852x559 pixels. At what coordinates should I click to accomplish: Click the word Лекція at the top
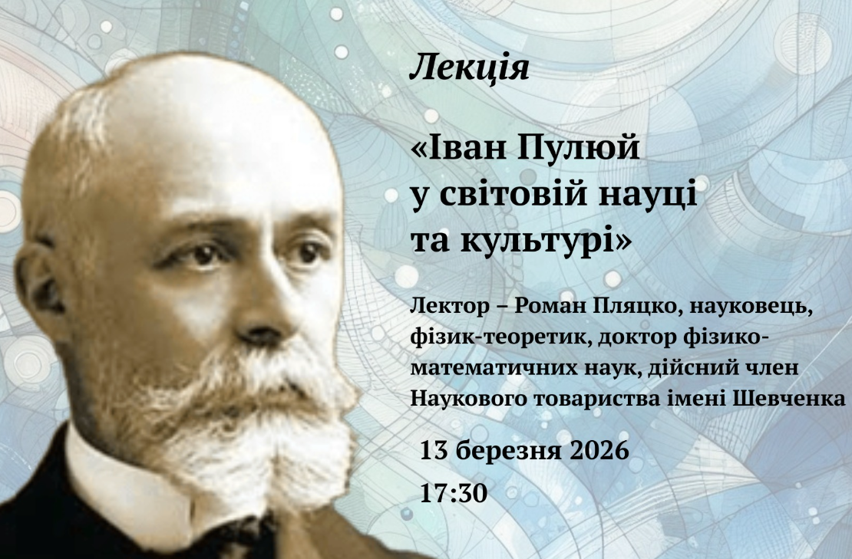(469, 68)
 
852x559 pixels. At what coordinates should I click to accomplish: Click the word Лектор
(449, 306)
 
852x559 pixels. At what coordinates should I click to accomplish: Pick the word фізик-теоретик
(500, 337)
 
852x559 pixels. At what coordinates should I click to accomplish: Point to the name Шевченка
(790, 399)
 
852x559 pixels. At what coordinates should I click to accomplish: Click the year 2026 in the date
(599, 450)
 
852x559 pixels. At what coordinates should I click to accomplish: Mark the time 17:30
(454, 493)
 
